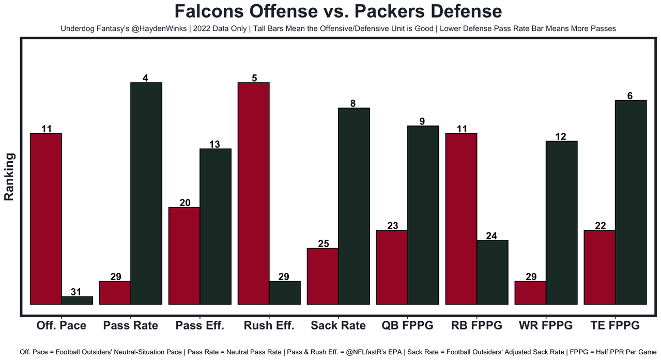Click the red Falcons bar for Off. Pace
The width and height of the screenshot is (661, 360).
[x=46, y=219]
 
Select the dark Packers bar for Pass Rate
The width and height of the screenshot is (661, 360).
[x=146, y=194]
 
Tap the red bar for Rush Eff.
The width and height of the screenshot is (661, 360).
[x=253, y=194]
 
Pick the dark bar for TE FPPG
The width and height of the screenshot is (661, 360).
[x=631, y=202]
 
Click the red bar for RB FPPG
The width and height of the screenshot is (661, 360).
[x=461, y=219]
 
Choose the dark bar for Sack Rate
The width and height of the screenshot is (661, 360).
[x=353, y=206]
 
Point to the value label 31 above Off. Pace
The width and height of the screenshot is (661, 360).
[x=76, y=292]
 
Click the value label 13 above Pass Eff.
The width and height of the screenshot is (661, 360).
[x=214, y=144]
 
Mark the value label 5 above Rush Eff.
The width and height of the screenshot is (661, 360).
[x=253, y=78]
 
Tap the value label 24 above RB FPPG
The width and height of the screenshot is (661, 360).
[x=491, y=236]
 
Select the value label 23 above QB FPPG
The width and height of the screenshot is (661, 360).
[x=392, y=226]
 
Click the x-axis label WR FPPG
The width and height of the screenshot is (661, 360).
[x=546, y=325]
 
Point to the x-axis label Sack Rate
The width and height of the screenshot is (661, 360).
[x=338, y=325]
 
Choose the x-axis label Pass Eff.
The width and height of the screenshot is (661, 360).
[x=199, y=325]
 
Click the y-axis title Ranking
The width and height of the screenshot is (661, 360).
[x=9, y=177]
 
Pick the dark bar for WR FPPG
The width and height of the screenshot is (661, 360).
[x=561, y=223]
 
